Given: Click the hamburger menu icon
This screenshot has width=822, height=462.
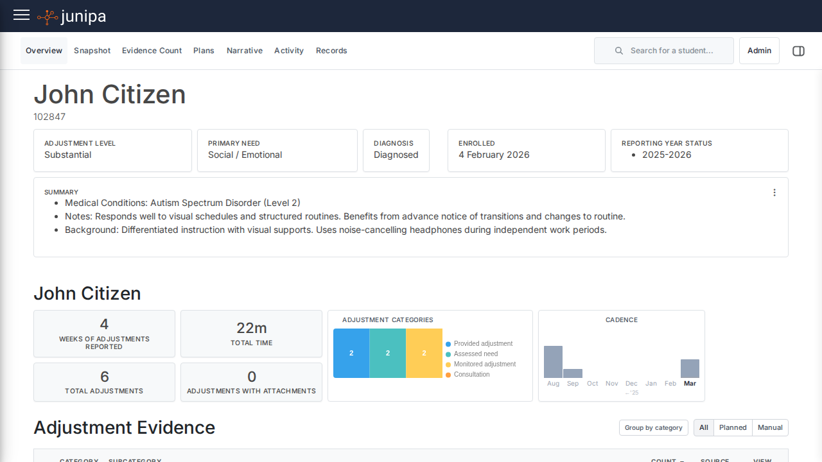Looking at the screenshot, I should tap(21, 15).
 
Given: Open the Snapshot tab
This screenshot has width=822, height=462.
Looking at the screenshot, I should tap(92, 51).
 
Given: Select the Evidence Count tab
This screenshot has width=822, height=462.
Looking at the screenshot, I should tap(152, 51).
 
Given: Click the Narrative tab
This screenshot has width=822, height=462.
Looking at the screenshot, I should tap(244, 51).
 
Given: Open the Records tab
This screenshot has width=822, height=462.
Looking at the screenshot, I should tap(331, 51).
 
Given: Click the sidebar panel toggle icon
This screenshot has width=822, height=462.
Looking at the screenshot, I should tap(798, 51).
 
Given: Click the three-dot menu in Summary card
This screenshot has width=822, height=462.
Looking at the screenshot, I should tap(774, 193).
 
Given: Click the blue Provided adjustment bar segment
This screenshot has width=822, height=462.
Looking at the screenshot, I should tap(351, 353).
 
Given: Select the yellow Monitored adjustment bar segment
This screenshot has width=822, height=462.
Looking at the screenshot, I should tap(424, 353).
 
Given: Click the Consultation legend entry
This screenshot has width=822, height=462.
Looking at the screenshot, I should tap(471, 375).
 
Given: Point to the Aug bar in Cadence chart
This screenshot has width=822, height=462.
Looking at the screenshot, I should tap(553, 362).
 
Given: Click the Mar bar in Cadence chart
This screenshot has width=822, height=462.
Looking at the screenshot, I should tap(690, 368).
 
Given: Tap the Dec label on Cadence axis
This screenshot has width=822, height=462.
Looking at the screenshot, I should tap(631, 384).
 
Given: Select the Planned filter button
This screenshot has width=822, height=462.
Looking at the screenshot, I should tap(733, 428).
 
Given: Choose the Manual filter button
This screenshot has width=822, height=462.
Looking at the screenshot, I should tap(770, 428).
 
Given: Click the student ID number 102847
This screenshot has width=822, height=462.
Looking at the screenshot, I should tap(49, 117).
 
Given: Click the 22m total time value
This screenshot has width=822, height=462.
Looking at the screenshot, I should tap(251, 328).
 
